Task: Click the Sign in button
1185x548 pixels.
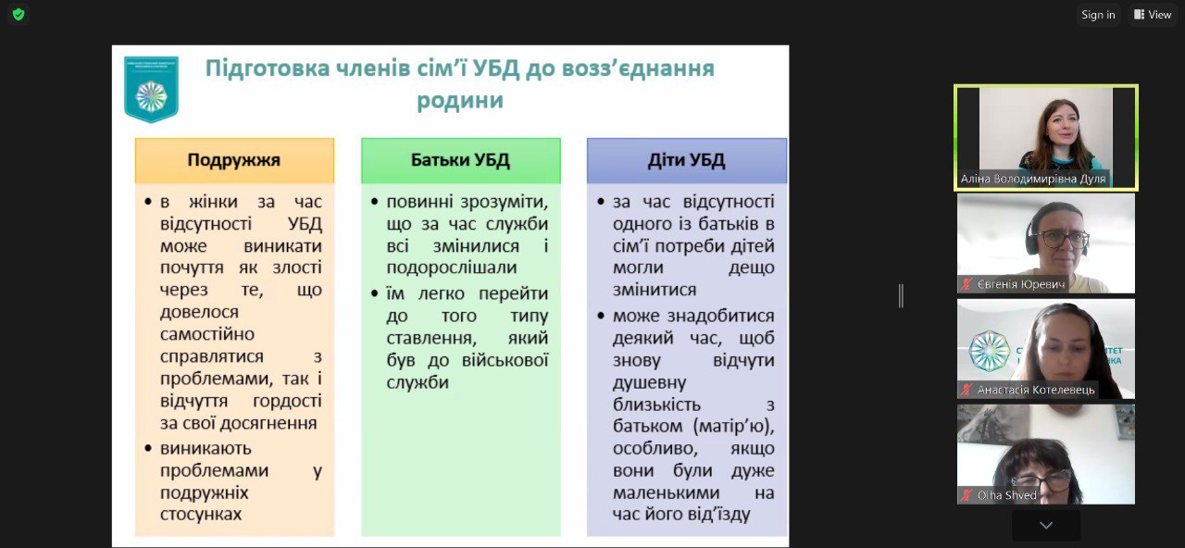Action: [x=1098, y=15]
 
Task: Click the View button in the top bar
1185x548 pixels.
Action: [x=1152, y=15]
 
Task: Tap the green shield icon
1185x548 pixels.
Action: [x=18, y=15]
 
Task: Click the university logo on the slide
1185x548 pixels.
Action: [x=151, y=89]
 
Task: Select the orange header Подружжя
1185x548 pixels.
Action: [x=234, y=160]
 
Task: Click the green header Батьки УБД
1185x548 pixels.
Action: [x=460, y=160]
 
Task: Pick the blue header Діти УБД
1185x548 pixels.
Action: [x=686, y=160]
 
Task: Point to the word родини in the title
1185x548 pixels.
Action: [x=459, y=100]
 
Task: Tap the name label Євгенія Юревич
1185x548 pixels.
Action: [x=1022, y=284]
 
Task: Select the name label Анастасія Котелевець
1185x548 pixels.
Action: [x=1035, y=390]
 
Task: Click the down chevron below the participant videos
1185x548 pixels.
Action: [x=1045, y=525]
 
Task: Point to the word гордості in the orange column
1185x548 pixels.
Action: [x=287, y=401]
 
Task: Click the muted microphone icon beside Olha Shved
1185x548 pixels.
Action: [x=967, y=495]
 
